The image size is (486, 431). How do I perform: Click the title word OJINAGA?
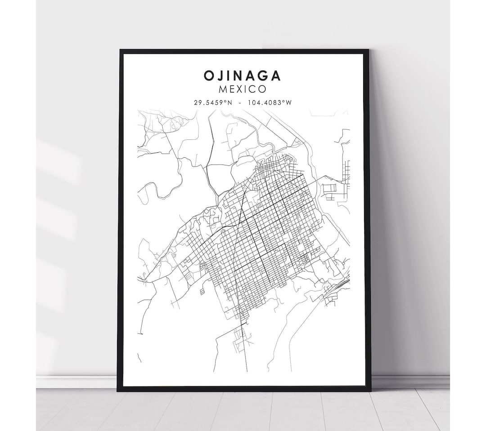click(243, 76)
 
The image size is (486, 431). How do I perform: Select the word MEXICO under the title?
click(243, 90)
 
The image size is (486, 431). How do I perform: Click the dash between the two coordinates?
click(241, 103)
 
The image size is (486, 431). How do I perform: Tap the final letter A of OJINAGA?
click(276, 76)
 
